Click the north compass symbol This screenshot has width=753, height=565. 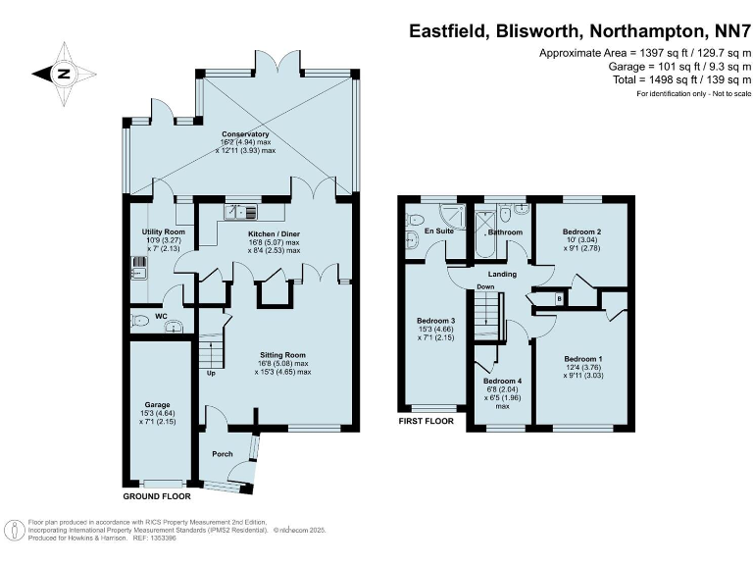click(x=62, y=73)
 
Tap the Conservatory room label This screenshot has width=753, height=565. click(x=245, y=134)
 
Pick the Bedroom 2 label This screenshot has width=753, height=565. click(x=581, y=231)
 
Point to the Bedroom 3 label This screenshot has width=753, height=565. click(x=436, y=321)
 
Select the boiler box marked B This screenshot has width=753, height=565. click(x=558, y=297)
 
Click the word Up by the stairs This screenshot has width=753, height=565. click(x=210, y=373)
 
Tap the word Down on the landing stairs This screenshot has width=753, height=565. click(x=485, y=287)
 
